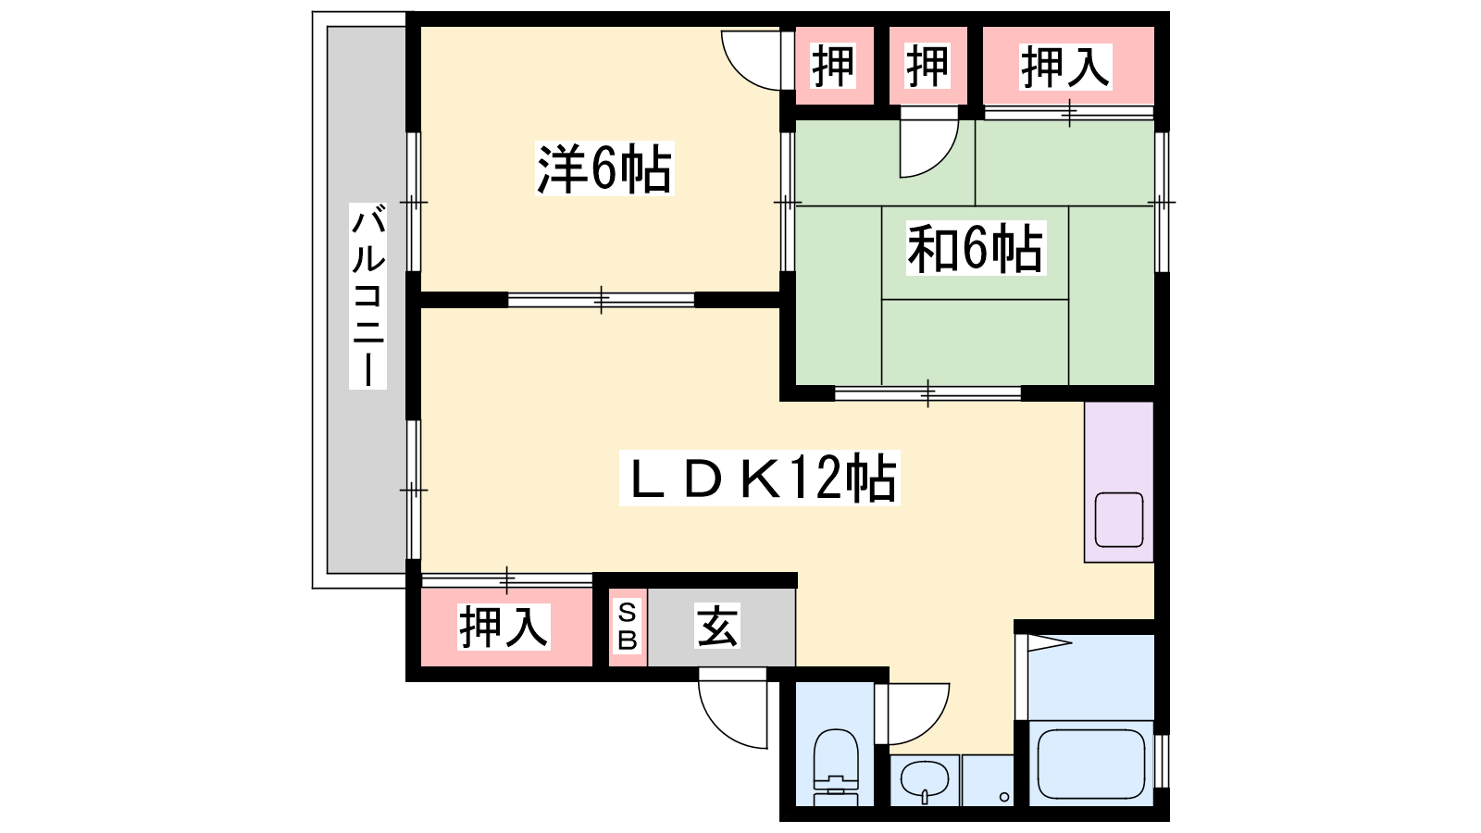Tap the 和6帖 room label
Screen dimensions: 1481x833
click(x=976, y=248)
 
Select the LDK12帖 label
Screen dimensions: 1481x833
click(x=759, y=478)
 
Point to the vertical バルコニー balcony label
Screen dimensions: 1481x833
click(x=367, y=295)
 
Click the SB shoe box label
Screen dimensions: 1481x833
click(x=627, y=626)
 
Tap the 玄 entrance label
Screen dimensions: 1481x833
click(x=717, y=626)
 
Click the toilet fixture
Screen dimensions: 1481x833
click(x=836, y=767)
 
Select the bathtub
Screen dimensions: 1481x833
click(x=1091, y=765)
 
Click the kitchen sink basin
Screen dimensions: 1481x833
click(x=1119, y=519)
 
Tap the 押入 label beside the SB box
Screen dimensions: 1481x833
click(x=504, y=627)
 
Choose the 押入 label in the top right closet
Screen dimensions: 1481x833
click(x=1065, y=66)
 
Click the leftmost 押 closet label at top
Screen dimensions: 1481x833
click(x=833, y=66)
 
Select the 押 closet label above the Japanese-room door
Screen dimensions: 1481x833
click(x=927, y=66)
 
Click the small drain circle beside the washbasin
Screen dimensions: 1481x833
click(x=1004, y=797)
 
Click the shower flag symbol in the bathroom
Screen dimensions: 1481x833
click(x=1050, y=642)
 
